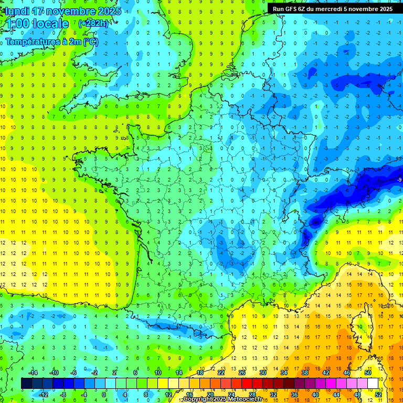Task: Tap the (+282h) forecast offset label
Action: coord(93,23)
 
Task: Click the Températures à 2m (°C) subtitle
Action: coord(51,42)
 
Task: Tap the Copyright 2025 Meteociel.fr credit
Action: coord(222,399)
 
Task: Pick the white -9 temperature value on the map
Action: coord(399,180)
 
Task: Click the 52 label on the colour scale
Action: coord(378,395)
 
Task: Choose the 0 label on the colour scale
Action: coord(104,395)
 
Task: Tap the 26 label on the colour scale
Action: coord(241,373)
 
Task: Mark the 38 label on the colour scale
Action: coord(304,373)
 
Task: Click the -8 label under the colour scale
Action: coord(62,395)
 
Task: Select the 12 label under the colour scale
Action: coord(168,395)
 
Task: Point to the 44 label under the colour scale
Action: coord(336,395)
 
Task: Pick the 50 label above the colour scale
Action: coord(367,373)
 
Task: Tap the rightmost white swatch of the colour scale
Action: coord(373,384)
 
